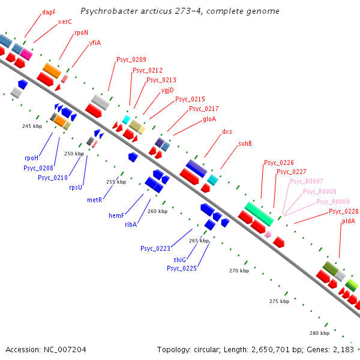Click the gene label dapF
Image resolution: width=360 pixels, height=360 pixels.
point(49,11)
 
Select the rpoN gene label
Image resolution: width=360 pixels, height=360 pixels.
point(81,33)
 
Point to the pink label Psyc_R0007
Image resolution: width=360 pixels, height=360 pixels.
point(306,181)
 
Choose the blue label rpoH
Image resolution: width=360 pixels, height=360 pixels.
point(31,158)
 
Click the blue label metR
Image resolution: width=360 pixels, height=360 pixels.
point(94,199)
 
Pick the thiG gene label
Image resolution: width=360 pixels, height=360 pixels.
point(180,259)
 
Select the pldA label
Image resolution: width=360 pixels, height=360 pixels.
point(348,221)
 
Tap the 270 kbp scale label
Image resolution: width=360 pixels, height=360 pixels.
point(239,271)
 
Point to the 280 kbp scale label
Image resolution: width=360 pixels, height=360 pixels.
point(319,332)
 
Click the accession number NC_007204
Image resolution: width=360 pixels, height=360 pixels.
point(46,349)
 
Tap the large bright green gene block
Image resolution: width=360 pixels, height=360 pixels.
point(259,214)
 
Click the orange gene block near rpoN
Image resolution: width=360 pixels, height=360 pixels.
point(52,71)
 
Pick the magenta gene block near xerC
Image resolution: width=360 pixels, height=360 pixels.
point(26,53)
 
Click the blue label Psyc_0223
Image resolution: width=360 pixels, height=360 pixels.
point(155,248)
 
